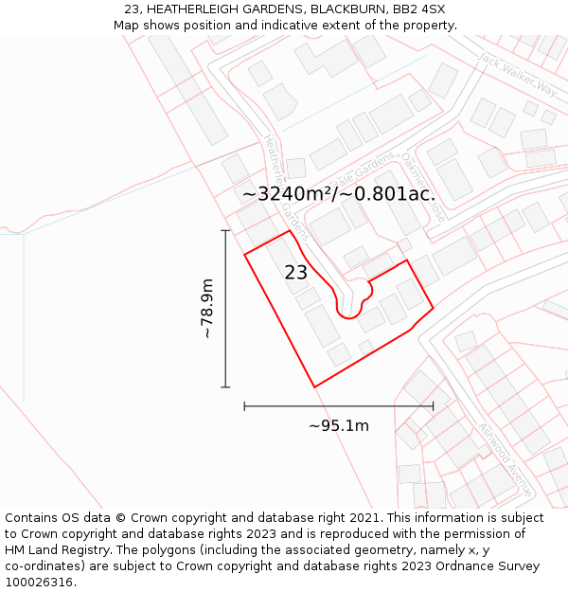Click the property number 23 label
(295, 273)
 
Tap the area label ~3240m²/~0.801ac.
(338, 194)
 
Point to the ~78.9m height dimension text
(206, 309)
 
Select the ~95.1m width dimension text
(338, 425)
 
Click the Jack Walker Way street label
(517, 74)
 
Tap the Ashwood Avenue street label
(505, 460)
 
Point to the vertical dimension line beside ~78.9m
(225, 309)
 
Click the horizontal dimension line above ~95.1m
(338, 405)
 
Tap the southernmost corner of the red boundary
(315, 386)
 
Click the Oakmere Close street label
(424, 188)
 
